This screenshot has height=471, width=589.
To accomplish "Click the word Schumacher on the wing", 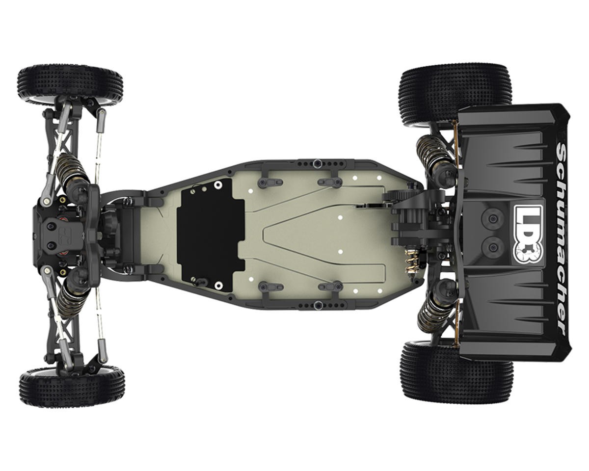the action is click(561, 239).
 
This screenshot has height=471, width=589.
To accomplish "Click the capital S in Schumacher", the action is click(561, 151).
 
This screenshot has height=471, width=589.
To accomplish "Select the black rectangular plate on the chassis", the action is click(211, 235).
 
